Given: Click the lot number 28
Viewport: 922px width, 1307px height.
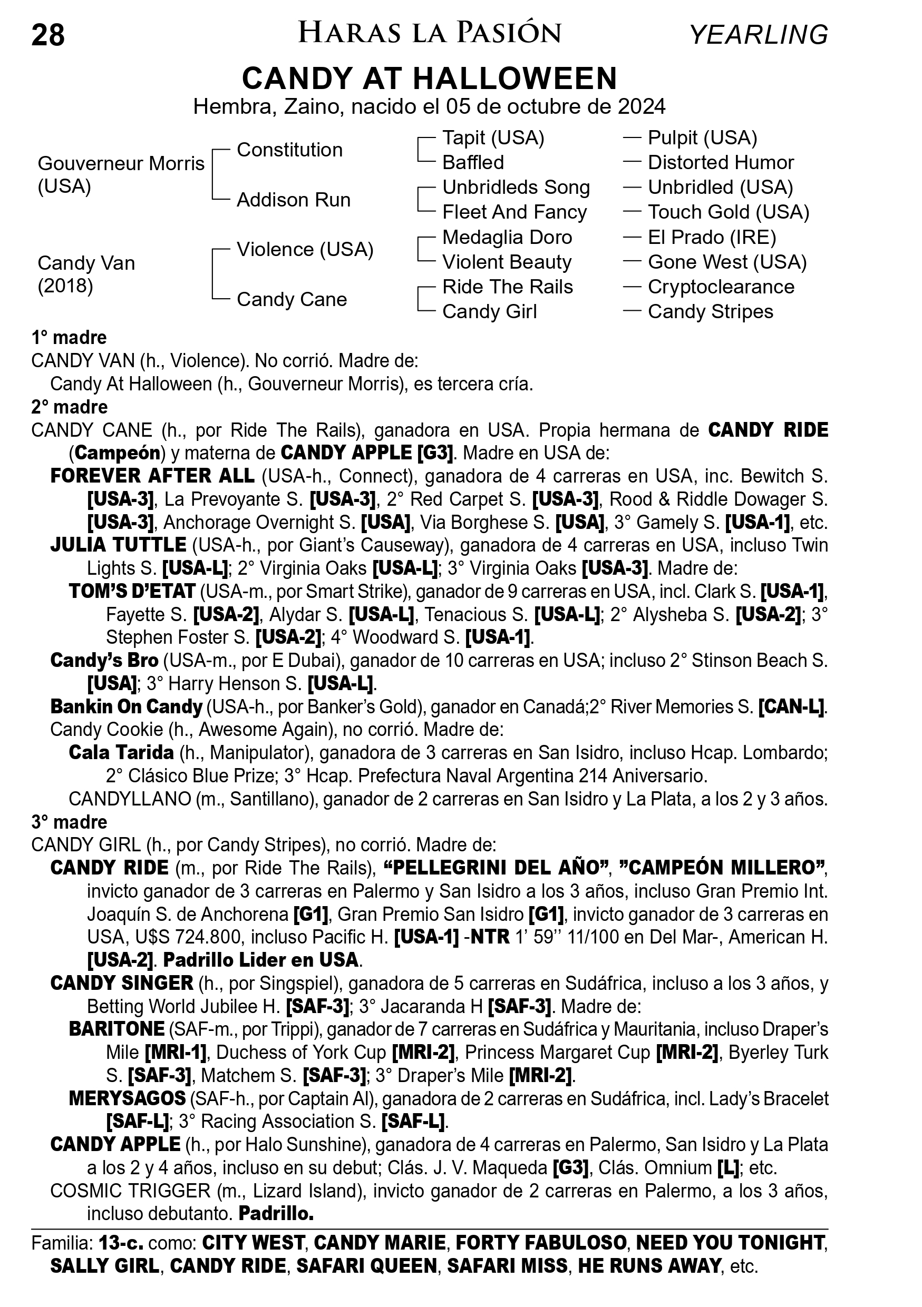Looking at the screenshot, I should pos(48,35).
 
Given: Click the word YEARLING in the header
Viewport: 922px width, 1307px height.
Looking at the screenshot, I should pos(758,35).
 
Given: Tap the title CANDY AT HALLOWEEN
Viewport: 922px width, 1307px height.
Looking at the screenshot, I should pos(430,78).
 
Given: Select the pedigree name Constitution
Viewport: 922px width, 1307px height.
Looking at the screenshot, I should pos(289,150).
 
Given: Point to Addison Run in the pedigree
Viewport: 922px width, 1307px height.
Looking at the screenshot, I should pos(293,200).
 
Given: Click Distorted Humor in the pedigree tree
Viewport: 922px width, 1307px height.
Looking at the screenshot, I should pos(721,163).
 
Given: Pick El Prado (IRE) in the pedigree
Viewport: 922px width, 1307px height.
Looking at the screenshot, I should pos(712,238).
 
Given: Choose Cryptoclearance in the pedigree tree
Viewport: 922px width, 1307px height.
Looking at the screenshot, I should pos(721,287).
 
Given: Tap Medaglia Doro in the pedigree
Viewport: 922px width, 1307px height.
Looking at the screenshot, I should pos(507,238).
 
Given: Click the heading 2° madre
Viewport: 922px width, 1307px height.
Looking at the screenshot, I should pos(70,407).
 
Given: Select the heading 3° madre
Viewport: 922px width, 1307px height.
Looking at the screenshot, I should pos(70,822).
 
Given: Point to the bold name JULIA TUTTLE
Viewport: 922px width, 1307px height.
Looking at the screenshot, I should pos(118,545).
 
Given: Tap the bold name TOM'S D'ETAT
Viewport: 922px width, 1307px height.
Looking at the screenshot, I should pos(132,592).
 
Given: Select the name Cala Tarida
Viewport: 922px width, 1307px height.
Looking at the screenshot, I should pos(121,753).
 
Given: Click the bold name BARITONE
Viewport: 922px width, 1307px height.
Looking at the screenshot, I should pos(117,1029).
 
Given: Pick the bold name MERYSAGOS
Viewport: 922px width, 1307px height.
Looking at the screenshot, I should pos(127,1098).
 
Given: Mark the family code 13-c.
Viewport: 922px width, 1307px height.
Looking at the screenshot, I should pos(121,1243).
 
